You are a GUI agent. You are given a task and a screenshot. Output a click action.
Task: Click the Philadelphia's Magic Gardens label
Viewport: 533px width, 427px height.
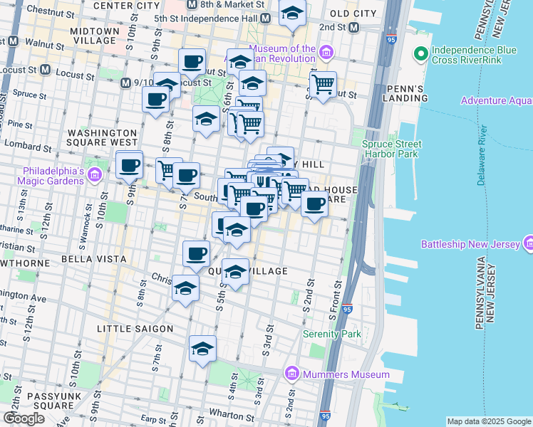(53, 176)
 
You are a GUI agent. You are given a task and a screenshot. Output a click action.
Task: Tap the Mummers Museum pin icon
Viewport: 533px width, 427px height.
(291, 374)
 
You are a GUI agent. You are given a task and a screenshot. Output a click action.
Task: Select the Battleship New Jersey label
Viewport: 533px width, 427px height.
(470, 244)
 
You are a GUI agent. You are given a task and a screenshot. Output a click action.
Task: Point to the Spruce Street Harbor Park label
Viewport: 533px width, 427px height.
(391, 148)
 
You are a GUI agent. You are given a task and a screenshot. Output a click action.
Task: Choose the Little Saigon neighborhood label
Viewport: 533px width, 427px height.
(135, 329)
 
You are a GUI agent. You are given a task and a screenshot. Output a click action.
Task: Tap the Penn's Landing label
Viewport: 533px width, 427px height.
(404, 93)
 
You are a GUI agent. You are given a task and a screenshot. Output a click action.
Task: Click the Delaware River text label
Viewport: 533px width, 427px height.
(482, 156)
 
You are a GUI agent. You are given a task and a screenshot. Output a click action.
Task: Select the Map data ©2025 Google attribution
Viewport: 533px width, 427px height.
(488, 421)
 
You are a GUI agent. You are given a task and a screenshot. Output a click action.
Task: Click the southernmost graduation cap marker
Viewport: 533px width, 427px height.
(202, 349)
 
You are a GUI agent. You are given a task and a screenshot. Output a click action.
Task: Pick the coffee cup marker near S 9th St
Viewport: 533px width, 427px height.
(129, 166)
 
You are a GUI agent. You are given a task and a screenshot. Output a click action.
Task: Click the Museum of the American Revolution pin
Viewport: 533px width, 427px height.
(326, 51)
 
